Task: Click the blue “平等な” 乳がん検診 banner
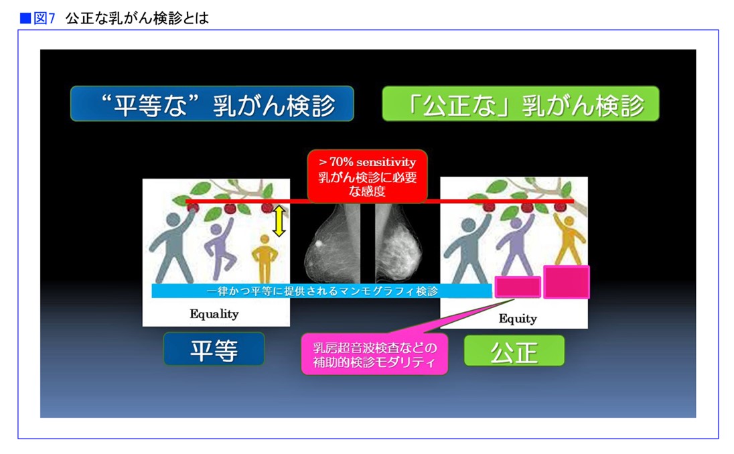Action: point(212,103)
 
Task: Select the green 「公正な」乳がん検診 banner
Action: point(520,103)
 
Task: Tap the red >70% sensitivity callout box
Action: point(368,176)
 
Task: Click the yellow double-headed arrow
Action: point(279,221)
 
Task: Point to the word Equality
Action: point(214,313)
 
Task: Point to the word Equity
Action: point(518,319)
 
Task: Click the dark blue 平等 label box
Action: point(214,349)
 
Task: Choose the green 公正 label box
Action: point(514,351)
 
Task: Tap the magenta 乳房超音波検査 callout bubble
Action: point(374,354)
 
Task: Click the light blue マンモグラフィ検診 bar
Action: point(321,291)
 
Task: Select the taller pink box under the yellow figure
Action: point(567,282)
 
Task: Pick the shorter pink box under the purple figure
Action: point(518,287)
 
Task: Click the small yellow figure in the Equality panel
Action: point(265,259)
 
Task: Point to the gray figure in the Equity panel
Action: point(468,248)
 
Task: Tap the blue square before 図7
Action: point(25,18)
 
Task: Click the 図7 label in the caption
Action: point(44,18)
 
